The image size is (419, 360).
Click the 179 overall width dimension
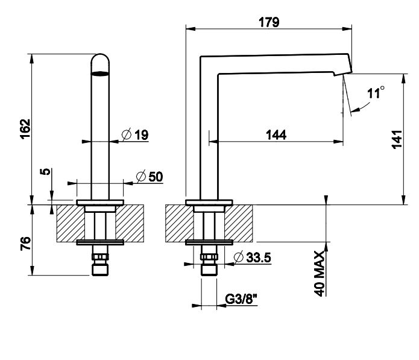pos(269,22)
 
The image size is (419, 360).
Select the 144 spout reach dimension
pos(276,135)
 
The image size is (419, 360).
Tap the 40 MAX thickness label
pos(320,273)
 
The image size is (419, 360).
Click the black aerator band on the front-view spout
pos(101,75)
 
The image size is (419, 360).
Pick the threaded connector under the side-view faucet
pos(209,265)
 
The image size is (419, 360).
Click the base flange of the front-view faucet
pos(101,201)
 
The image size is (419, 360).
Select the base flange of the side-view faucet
pos(209,201)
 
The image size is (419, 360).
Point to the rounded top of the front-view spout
pos(101,59)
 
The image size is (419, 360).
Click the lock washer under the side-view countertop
pos(209,242)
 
